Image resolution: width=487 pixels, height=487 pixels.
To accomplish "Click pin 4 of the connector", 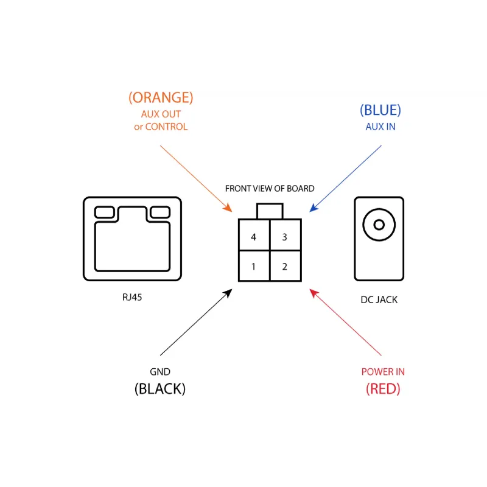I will coord(254,236).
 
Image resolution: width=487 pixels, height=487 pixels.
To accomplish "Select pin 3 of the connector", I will coord(284,236).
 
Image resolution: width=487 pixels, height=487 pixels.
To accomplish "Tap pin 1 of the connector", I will coord(254,266).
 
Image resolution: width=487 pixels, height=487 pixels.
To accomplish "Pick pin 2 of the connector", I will coord(284,266).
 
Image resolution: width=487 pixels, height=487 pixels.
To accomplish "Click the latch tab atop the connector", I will coord(269,211).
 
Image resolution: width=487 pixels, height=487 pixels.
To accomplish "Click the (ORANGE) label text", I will coord(161,97).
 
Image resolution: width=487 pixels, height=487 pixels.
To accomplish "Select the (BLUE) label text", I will coord(380,110).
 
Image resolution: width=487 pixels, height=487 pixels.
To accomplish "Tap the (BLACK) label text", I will coord(159,388).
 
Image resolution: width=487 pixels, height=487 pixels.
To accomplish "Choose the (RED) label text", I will coord(383,388).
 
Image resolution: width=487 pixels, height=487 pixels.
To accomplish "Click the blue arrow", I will coord(346,178).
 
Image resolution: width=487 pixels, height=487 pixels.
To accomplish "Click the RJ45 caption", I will coord(132,298).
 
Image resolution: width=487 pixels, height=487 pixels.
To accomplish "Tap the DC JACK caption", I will coord(379,300).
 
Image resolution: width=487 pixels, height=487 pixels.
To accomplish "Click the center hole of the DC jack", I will coord(379,225).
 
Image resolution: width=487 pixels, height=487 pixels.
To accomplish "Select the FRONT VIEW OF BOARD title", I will coord(270,189).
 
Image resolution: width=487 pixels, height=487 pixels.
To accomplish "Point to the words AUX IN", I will coord(380,127).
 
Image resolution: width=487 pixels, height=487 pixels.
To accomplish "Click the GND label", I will coord(160,371).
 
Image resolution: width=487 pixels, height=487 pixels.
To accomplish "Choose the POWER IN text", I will coord(383,371).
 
